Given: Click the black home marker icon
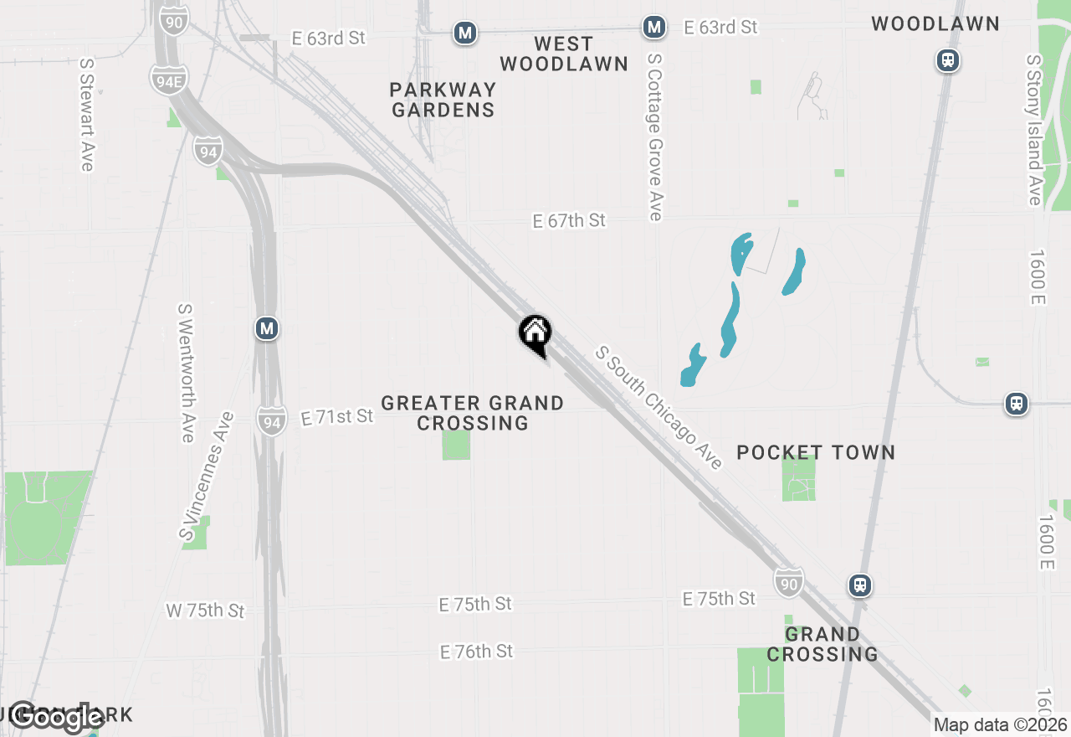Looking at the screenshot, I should (x=535, y=333).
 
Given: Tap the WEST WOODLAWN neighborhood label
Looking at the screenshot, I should (x=564, y=54).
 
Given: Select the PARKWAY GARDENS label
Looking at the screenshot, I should (x=443, y=100).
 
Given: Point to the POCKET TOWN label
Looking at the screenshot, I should (x=816, y=452).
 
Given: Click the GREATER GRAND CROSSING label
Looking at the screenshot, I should (x=473, y=414).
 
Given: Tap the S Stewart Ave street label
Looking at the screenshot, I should (x=86, y=114).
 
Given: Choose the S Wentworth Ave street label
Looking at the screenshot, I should (x=186, y=373).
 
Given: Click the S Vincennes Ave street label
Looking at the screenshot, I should (x=205, y=475).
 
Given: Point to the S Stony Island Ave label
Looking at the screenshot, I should (x=1034, y=130).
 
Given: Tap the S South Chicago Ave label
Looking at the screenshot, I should (x=658, y=408).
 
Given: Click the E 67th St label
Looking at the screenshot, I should (x=569, y=220).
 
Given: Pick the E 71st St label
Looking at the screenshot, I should (x=337, y=416).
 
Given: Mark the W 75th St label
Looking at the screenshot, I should (x=205, y=611).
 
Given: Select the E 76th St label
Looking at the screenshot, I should (x=476, y=651).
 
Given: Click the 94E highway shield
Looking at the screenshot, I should (x=169, y=80).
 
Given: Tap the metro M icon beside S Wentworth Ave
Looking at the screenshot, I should (x=267, y=328).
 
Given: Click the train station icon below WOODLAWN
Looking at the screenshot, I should (x=947, y=60).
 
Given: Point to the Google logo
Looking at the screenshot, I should (x=57, y=718).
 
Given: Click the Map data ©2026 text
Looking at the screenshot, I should (x=1000, y=724).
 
